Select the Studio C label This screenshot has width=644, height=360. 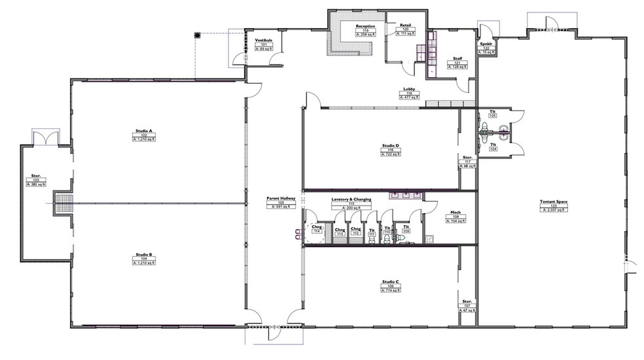click(x=391, y=282)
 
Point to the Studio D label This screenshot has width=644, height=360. click(x=391, y=145)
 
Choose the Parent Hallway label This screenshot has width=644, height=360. click(x=281, y=198)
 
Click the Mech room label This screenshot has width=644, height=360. click(x=456, y=213)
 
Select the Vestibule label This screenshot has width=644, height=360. click(x=263, y=40)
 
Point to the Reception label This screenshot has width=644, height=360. click(x=365, y=26)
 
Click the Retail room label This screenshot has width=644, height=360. click(x=406, y=24)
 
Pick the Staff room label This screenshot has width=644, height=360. click(x=457, y=58)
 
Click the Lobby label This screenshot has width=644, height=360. click(x=408, y=89)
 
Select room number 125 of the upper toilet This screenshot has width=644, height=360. click(x=493, y=116)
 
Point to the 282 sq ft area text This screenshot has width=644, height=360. click(x=36, y=185)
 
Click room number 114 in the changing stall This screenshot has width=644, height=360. click(x=316, y=232)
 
